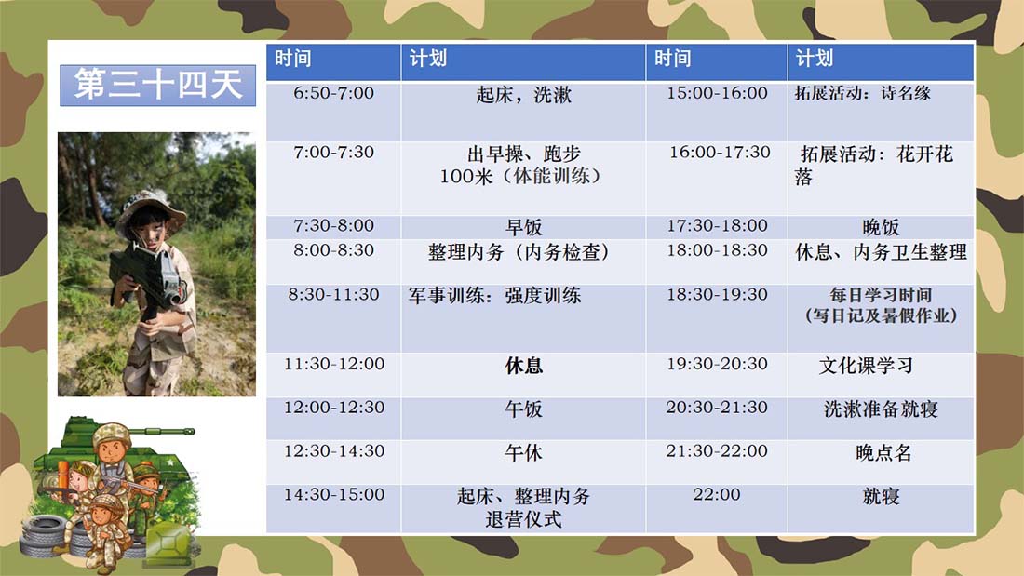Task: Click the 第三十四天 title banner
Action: coord(157,85)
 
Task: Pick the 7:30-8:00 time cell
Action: coord(333,226)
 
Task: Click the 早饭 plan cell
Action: coord(523,227)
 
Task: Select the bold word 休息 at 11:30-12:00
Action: coord(523,366)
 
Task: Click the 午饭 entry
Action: coord(523,409)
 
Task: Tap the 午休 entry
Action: coord(523,453)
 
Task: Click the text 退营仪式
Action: coord(523,520)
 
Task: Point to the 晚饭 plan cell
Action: coord(881,227)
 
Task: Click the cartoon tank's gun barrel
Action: coord(161,432)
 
